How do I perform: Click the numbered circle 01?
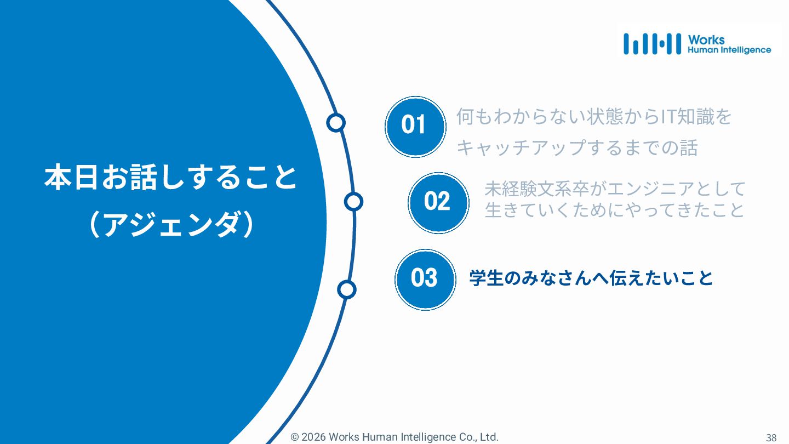click(415, 127)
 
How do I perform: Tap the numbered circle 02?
click(438, 202)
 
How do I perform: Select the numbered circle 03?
click(425, 279)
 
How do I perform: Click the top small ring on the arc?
click(335, 123)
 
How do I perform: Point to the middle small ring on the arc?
click(353, 202)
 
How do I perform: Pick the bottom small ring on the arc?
click(346, 289)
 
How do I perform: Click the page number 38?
click(771, 437)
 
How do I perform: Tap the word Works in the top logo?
click(706, 39)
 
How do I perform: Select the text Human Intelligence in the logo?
click(729, 50)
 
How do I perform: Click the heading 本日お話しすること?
click(170, 178)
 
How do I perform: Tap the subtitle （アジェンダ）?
click(170, 225)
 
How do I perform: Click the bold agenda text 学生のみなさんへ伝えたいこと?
click(591, 278)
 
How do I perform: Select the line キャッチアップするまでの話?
click(576, 148)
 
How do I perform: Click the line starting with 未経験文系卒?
click(615, 189)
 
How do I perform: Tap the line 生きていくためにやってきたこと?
click(615, 210)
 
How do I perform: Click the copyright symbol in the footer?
click(295, 437)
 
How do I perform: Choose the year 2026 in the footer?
click(313, 437)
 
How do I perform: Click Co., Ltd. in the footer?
click(479, 437)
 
